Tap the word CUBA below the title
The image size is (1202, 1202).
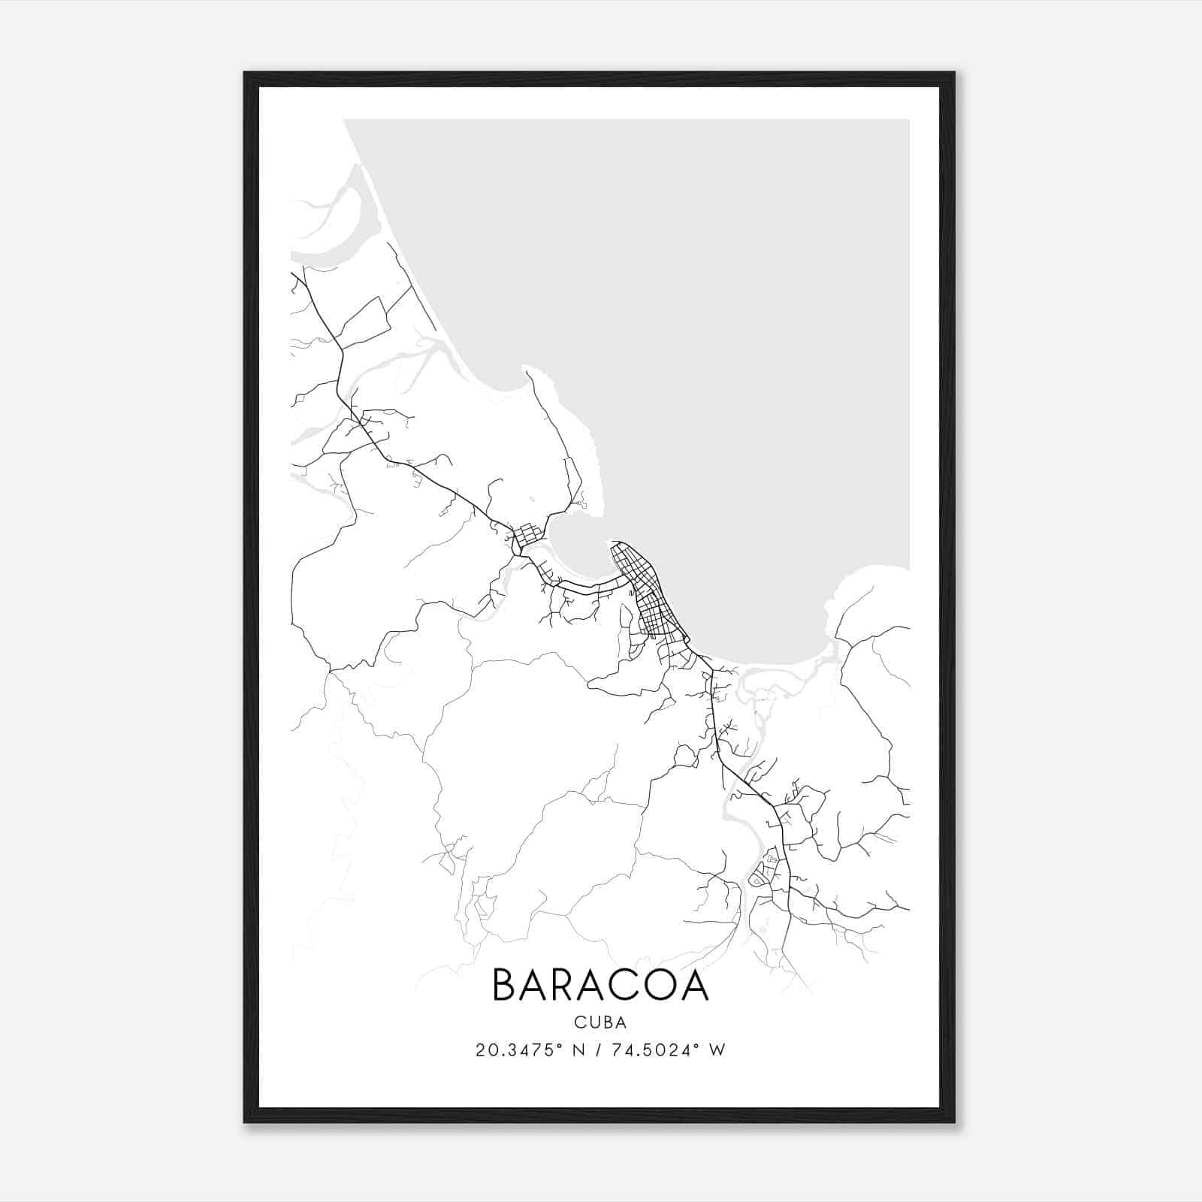click(600, 1022)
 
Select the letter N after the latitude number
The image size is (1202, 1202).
click(578, 1050)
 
